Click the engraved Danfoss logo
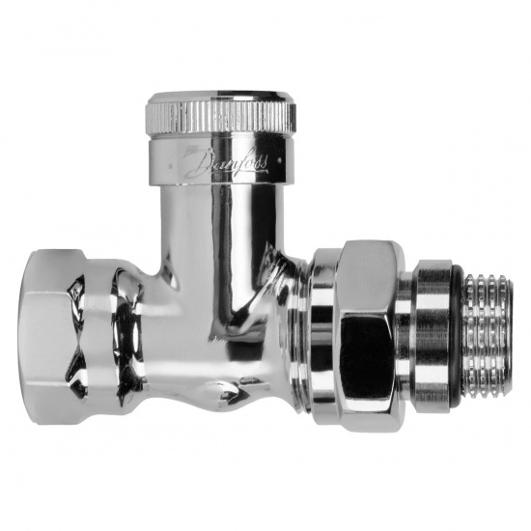coord(226,163)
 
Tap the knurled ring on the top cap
coord(221,117)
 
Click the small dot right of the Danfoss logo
coord(279,158)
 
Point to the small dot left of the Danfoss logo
coord(170,166)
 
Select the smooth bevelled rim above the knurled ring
coord(221,98)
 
